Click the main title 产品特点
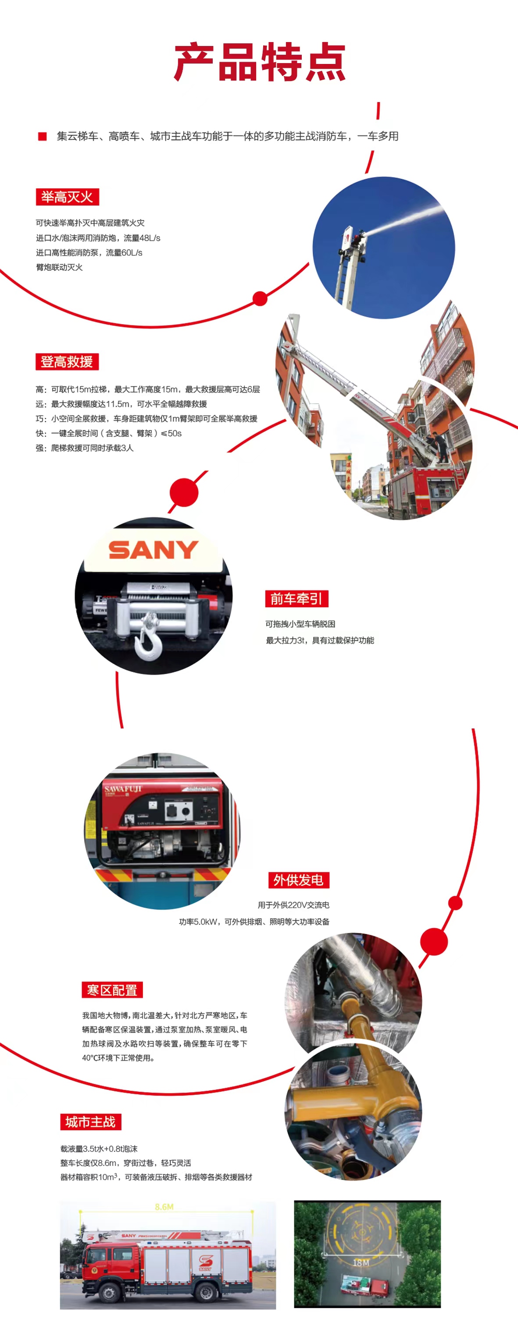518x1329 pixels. tap(259, 63)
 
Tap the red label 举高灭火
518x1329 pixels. tap(67, 197)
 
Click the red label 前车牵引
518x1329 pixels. tap(297, 598)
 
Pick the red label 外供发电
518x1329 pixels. tap(299, 880)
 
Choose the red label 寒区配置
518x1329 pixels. tap(112, 990)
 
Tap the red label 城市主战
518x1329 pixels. tap(90, 1122)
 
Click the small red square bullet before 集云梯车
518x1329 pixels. tap(43, 136)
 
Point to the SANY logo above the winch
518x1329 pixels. tap(154, 550)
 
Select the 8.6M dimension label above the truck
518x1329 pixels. tap(164, 1207)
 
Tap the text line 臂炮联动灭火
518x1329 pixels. tap(59, 267)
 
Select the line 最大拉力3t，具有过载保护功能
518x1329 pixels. tap(320, 640)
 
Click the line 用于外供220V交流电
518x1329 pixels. tap(293, 905)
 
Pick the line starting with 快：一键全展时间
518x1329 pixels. tap(108, 433)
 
